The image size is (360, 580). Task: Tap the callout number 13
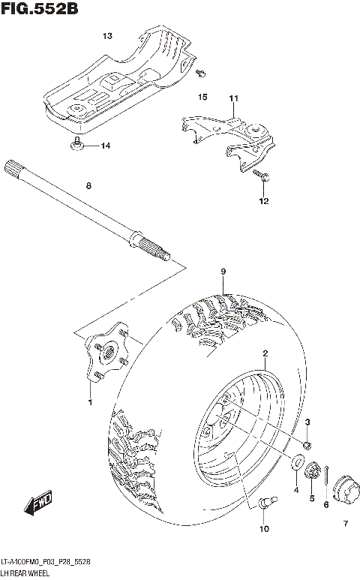coord(107,36)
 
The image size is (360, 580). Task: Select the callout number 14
coord(105,146)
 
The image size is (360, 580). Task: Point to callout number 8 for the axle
coord(88,185)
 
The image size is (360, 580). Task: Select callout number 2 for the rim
coord(265,353)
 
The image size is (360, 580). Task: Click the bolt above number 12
coord(263,177)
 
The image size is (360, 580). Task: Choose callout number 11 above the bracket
coord(233,99)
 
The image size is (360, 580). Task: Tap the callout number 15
coord(202,98)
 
